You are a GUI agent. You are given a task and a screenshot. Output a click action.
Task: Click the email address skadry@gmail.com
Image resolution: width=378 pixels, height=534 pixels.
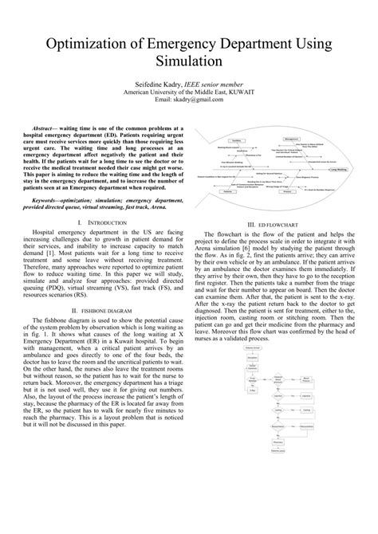click(202, 100)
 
